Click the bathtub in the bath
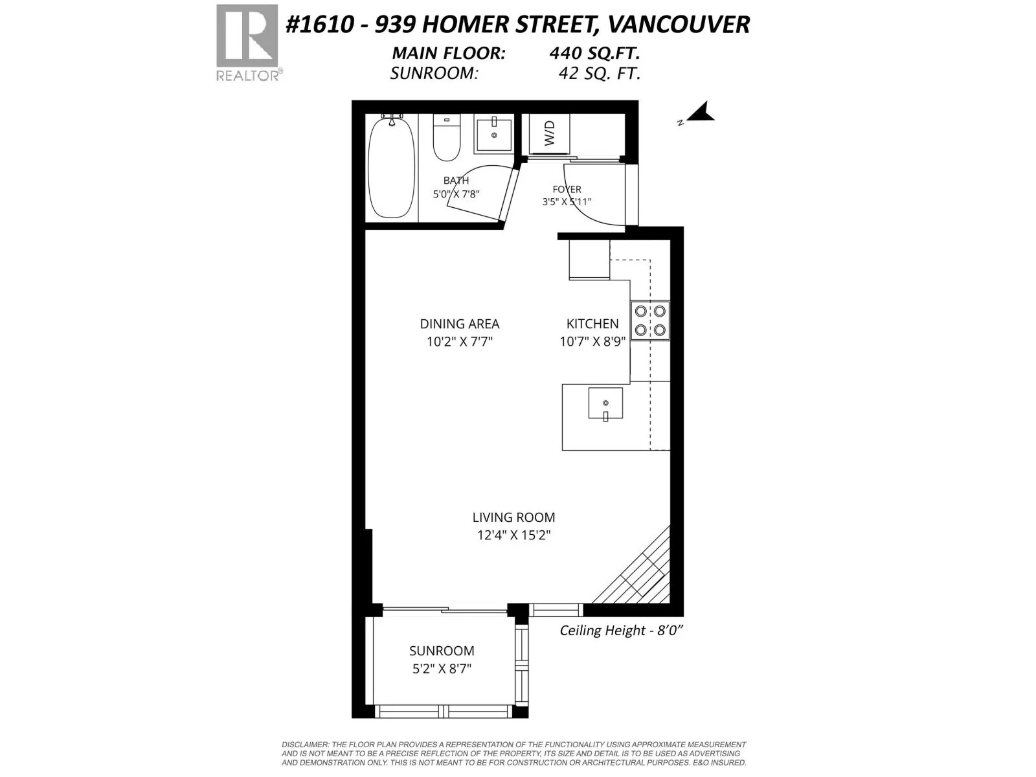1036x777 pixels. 391,168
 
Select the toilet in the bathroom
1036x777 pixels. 447,136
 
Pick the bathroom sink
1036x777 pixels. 493,135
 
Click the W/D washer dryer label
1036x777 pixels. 549,133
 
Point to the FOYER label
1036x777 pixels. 567,189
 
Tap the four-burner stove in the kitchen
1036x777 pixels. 650,321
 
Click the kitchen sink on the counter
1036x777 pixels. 605,403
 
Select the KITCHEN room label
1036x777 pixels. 592,324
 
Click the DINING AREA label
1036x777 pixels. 460,324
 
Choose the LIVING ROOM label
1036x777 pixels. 513,517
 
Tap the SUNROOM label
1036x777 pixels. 442,651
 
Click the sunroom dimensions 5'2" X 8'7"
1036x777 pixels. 442,669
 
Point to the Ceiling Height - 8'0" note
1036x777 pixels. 622,631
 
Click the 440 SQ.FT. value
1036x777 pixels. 594,53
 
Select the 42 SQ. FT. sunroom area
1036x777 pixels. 600,74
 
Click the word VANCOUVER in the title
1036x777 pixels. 678,25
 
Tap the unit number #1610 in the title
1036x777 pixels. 319,25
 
